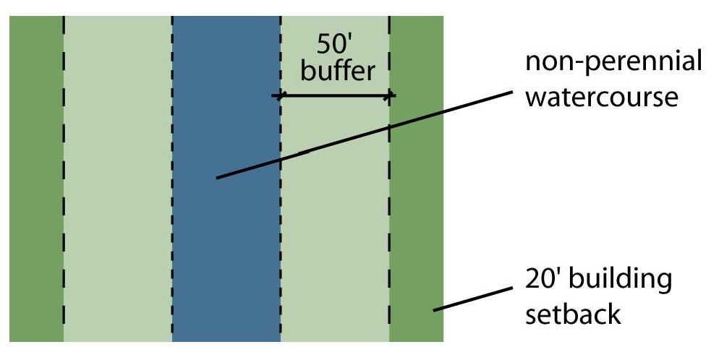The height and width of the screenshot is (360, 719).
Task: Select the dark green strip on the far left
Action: pyautogui.click(x=36, y=181)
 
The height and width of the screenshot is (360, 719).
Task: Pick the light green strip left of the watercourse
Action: pyautogui.click(x=118, y=181)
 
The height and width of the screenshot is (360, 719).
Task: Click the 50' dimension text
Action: pyautogui.click(x=336, y=45)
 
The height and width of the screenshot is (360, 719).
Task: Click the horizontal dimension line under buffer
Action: pyautogui.click(x=334, y=95)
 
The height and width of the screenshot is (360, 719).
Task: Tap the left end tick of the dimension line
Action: pyautogui.click(x=281, y=95)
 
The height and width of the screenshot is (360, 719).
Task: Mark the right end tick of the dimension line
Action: pyautogui.click(x=390, y=95)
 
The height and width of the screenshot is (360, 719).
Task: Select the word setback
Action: pyautogui.click(x=573, y=314)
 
